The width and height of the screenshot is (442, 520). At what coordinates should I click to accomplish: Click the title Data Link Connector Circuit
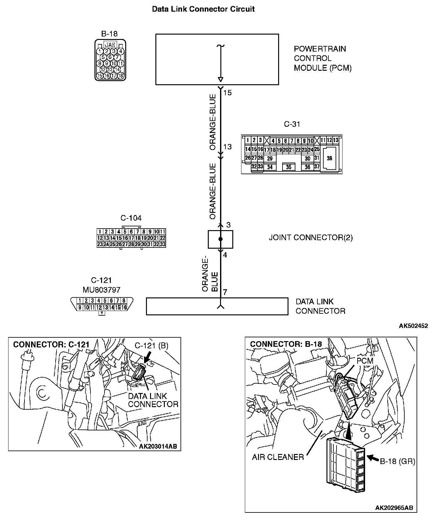pos(203,9)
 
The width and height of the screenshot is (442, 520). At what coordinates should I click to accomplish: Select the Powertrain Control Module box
pos(217,59)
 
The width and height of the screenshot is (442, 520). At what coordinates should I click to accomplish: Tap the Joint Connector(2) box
pos(220,239)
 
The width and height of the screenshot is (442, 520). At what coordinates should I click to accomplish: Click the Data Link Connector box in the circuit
pos(217,306)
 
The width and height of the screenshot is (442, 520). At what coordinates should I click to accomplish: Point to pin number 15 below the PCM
pos(228,93)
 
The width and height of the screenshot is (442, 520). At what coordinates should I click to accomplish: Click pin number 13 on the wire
pos(228,147)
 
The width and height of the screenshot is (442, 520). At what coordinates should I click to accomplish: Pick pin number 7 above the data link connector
pos(225,292)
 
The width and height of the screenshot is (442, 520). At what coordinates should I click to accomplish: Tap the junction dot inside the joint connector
pos(220,239)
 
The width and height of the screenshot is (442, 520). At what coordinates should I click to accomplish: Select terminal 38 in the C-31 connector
pos(329,158)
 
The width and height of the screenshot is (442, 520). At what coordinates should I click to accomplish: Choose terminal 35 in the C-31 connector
pos(288,167)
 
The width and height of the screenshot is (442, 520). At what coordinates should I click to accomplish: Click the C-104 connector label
pos(131,218)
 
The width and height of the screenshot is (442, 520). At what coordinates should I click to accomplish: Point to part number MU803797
pos(101,289)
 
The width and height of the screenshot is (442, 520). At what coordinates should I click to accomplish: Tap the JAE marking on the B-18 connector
pos(110,44)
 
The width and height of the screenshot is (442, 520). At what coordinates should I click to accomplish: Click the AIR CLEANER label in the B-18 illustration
pos(278,457)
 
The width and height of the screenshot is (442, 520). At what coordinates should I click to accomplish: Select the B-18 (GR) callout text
pos(397,462)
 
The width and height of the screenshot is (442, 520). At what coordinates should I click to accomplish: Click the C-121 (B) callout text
pos(151,346)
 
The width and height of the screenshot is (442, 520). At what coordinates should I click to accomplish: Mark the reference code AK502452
pos(413,326)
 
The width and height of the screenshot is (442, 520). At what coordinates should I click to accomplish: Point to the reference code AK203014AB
pos(158,446)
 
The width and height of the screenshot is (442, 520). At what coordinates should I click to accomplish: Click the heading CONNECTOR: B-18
pos(286,344)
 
